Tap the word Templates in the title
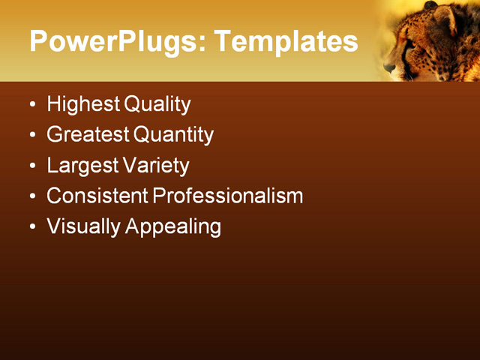pos(286,41)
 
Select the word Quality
pos(157,104)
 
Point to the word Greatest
pos(88,135)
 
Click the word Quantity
pos(173,135)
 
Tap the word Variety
pos(156,166)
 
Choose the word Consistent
pos(97,196)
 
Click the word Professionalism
pos(228,196)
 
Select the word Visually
pos(83,227)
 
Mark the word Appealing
pos(173,227)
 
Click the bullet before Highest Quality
pos(32,105)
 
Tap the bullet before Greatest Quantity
pos(32,136)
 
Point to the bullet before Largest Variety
pos(32,166)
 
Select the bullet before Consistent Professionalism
pos(32,197)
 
